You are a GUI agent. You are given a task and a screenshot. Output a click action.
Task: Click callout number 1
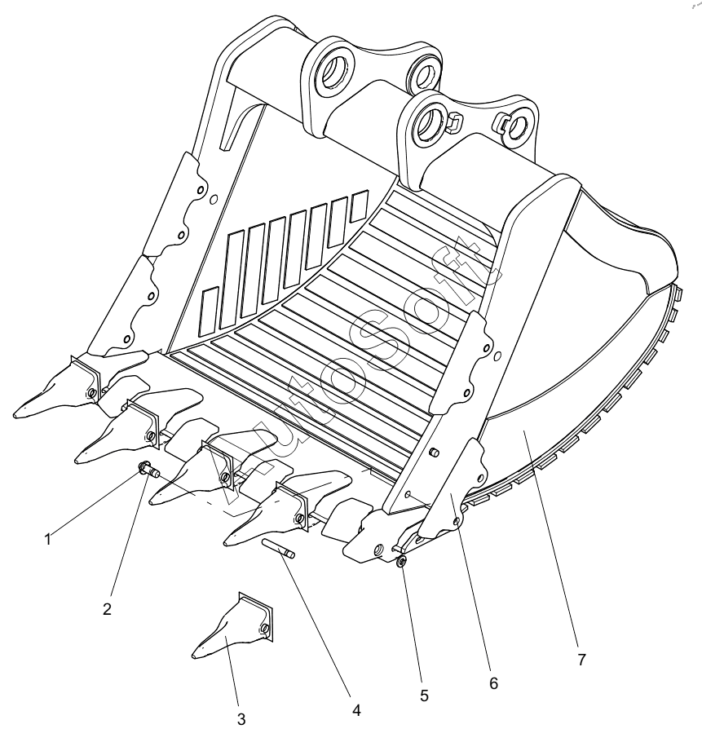point(47,540)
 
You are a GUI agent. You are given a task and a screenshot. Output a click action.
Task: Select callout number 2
point(107,609)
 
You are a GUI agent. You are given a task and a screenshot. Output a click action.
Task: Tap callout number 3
point(241,720)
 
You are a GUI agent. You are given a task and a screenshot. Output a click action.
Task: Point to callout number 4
point(356,710)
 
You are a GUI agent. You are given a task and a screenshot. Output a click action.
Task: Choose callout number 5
point(424,696)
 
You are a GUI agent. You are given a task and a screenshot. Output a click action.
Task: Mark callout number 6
point(493,683)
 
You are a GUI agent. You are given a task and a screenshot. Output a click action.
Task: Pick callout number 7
point(581,659)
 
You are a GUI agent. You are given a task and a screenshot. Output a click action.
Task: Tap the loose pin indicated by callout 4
point(279,549)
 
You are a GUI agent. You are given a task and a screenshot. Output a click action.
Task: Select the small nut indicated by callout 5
point(402,562)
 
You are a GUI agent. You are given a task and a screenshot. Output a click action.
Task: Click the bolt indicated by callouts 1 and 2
point(149,470)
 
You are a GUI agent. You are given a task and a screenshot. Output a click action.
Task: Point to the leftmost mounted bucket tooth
point(57,386)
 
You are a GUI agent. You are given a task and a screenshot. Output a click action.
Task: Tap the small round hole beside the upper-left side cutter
point(214,199)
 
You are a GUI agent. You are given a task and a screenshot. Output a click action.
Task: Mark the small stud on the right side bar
point(433,453)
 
